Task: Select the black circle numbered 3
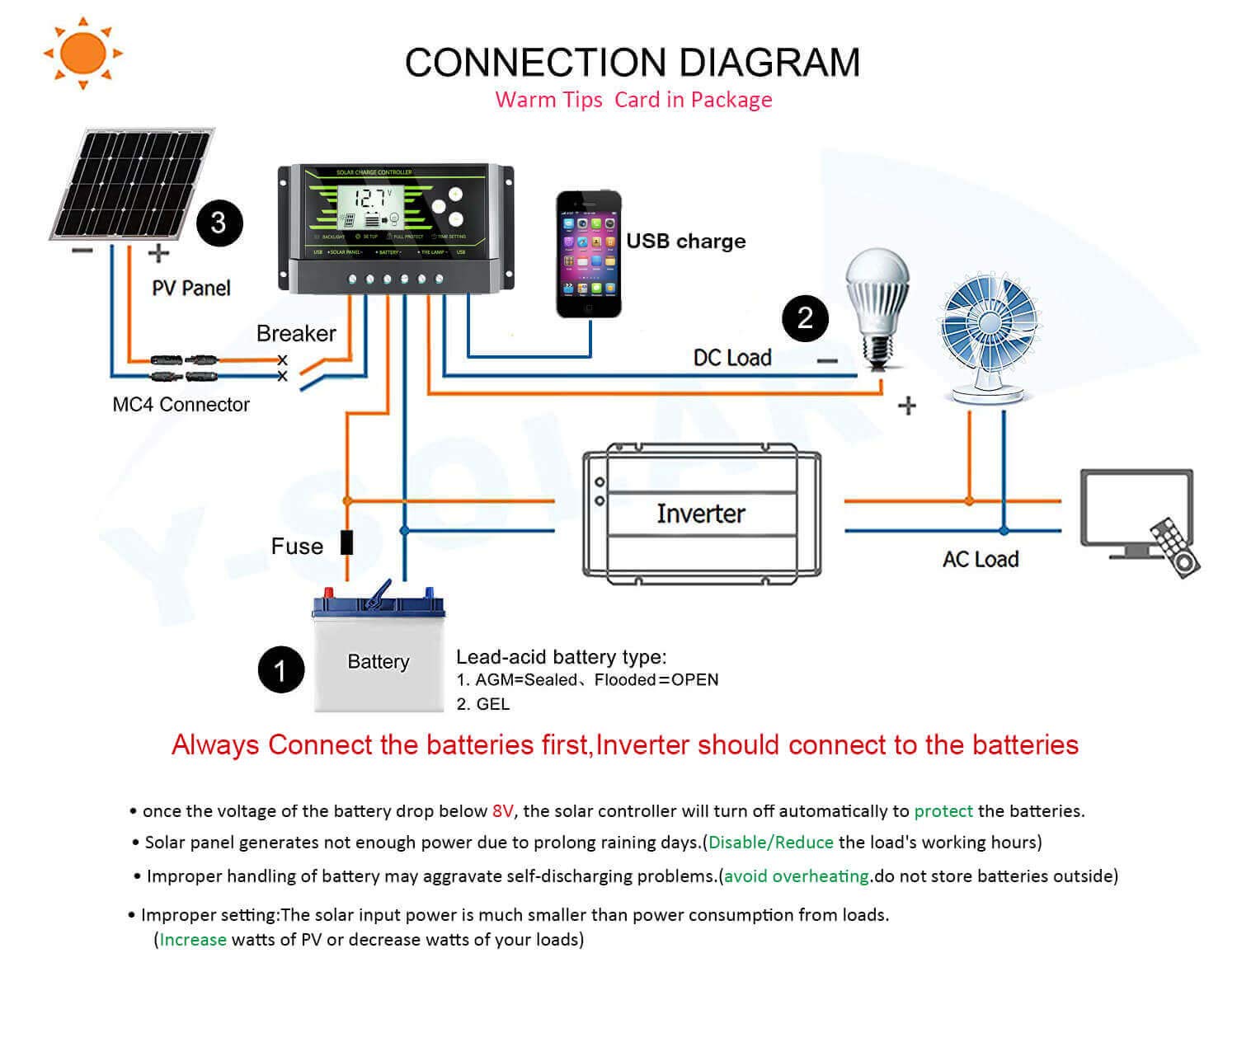coord(219,223)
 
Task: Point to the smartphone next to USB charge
coord(588,254)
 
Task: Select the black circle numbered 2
coord(805,318)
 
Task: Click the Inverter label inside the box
coord(701,514)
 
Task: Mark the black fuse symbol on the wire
coord(347,542)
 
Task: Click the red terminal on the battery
coord(328,593)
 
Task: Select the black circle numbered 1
coord(280,669)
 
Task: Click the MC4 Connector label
coord(181,405)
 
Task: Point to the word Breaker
coord(296,333)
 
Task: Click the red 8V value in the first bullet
coord(502,811)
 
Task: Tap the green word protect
coord(943,811)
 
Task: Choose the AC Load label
coord(981,559)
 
